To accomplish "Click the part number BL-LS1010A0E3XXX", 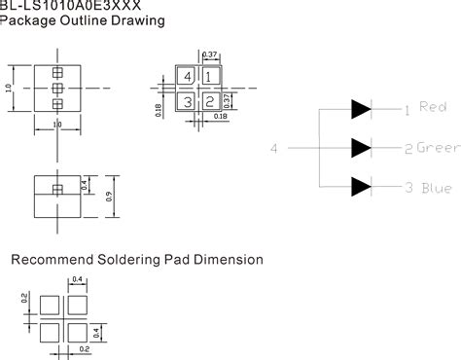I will tap(60, 5).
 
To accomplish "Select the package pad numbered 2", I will tap(209, 100).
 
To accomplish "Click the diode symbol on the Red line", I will tap(361, 108).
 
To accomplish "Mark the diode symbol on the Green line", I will tap(361, 147).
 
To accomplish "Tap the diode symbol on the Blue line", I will tap(361, 186).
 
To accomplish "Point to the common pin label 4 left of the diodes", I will tap(274, 148).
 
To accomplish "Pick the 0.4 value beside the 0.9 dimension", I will tap(87, 156).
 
